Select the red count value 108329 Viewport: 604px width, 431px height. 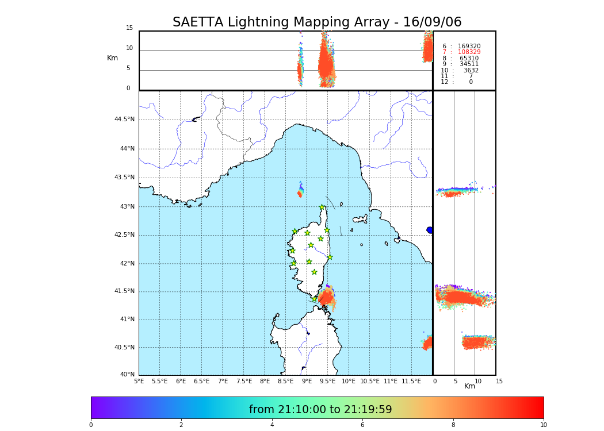point(469,52)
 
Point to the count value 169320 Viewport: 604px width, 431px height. point(469,46)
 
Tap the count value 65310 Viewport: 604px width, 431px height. point(469,58)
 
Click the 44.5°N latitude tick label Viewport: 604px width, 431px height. point(124,120)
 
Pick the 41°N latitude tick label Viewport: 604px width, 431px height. point(126,320)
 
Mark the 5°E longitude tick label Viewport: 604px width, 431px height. point(139,381)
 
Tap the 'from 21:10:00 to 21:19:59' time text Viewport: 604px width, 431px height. point(320,410)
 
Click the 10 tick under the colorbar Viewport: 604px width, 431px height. point(543,425)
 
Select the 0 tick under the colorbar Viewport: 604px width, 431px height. point(91,425)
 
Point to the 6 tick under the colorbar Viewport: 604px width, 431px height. point(362,425)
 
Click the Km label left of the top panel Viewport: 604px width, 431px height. point(112,58)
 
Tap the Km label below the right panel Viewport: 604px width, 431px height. point(469,386)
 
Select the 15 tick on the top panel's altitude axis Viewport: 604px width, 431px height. point(129,28)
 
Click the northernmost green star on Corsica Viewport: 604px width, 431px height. point(322,207)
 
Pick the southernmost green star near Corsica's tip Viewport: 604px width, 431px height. point(315,299)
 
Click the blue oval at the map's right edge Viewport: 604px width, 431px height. point(430,230)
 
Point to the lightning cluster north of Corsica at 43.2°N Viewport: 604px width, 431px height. point(300,194)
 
